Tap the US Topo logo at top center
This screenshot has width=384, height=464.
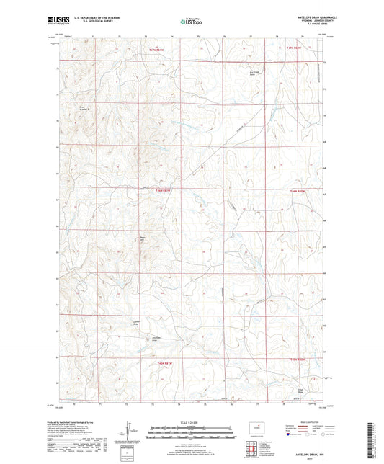(x=192, y=22)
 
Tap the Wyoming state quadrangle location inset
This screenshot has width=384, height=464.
(x=257, y=429)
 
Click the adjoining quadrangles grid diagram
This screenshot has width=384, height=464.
(x=257, y=448)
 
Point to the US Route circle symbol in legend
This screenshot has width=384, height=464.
(x=311, y=435)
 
